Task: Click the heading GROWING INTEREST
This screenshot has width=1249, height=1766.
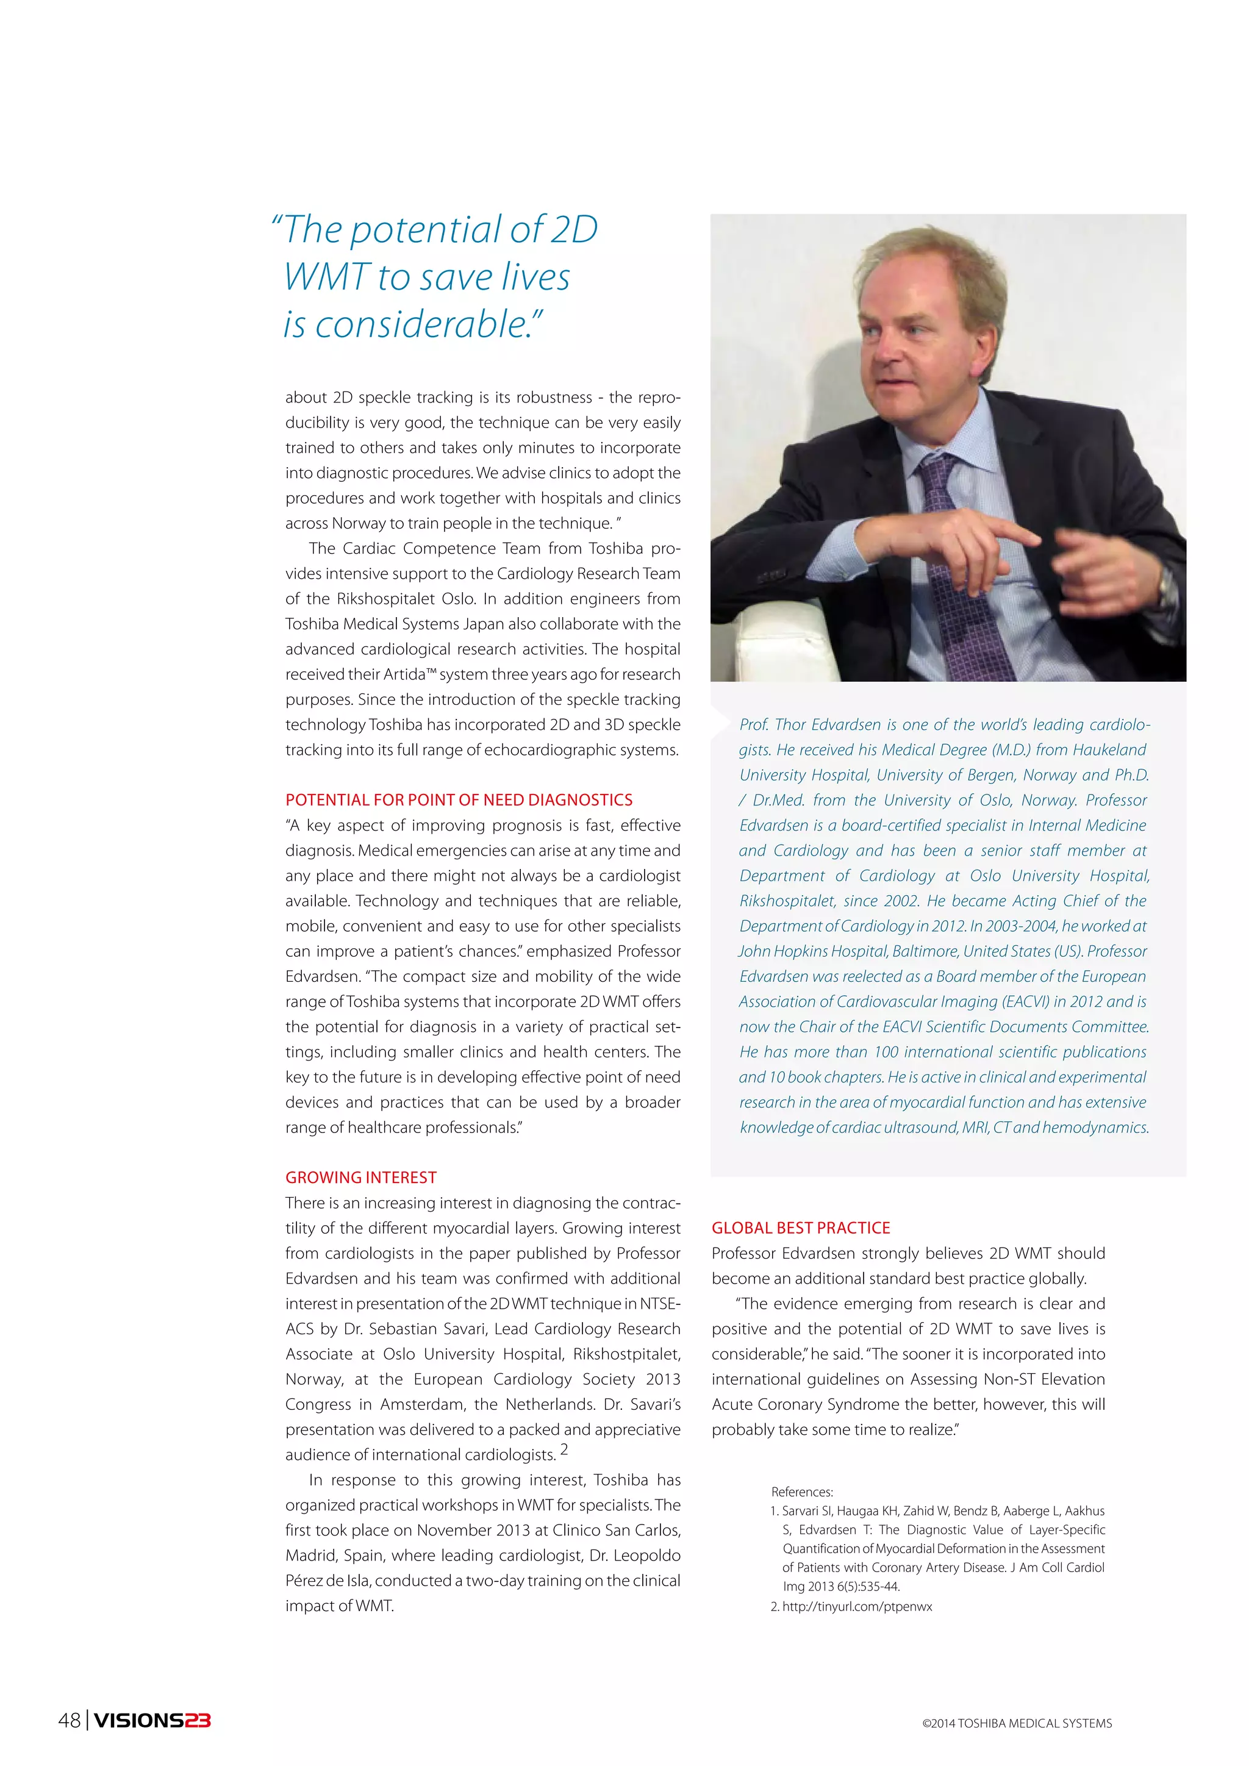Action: [x=360, y=1178]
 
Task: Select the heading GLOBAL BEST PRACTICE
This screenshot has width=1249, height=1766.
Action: [x=801, y=1228]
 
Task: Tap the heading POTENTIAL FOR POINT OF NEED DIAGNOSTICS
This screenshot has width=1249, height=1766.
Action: [x=459, y=800]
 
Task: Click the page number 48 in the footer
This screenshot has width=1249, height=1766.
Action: [x=69, y=1721]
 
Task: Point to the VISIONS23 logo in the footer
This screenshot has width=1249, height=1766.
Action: [x=152, y=1721]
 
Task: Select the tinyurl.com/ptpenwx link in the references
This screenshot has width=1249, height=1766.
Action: [x=857, y=1607]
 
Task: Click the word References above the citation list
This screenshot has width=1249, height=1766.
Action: [x=801, y=1492]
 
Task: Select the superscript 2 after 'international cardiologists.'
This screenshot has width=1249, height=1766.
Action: [x=564, y=1449]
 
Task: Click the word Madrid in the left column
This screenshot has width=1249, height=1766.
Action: [x=310, y=1555]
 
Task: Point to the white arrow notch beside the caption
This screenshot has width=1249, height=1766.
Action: [x=721, y=721]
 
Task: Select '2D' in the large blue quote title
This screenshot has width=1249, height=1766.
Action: [x=574, y=230]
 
